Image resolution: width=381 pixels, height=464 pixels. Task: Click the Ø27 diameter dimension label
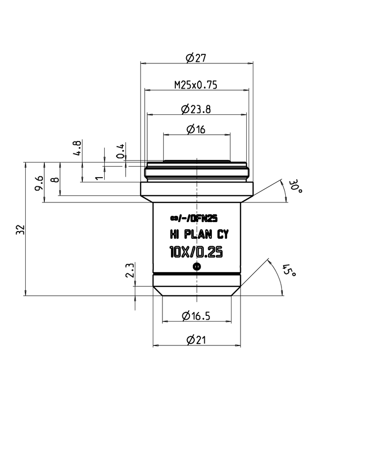(196, 58)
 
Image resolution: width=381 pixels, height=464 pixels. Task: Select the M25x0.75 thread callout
(196, 85)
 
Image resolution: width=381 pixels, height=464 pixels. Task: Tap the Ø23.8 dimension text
(196, 110)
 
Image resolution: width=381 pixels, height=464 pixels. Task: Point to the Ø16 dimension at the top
(196, 130)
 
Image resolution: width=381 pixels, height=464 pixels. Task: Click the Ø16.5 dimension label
(196, 315)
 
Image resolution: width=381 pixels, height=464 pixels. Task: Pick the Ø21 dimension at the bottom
(196, 340)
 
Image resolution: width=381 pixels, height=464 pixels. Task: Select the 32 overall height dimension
(20, 229)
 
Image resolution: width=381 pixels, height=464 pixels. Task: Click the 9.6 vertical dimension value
(40, 182)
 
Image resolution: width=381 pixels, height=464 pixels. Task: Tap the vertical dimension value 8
(56, 180)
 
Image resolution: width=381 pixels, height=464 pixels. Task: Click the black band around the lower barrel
(196, 275)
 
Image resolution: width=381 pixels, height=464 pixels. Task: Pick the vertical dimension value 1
(99, 178)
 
